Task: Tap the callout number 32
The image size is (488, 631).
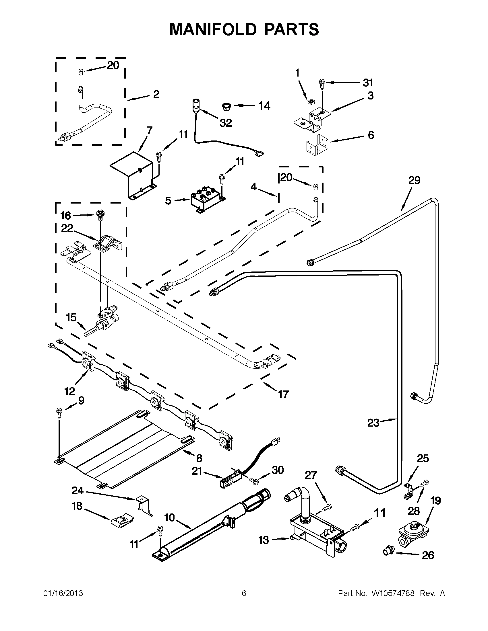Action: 226,123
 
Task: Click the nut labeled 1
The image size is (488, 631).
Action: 311,101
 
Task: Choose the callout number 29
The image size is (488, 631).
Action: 414,181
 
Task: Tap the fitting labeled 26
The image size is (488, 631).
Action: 388,551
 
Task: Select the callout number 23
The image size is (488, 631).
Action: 373,423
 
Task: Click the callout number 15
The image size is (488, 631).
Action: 71,318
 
